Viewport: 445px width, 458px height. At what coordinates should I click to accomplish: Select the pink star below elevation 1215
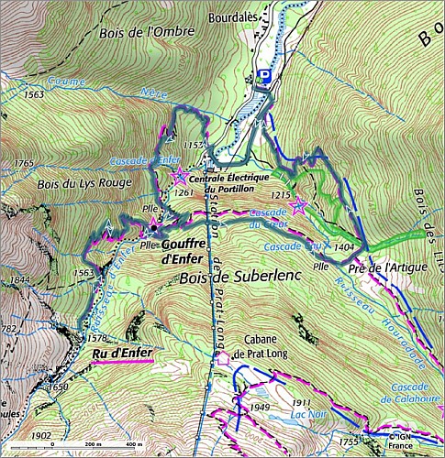pos(298,207)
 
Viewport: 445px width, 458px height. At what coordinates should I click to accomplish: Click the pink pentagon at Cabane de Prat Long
pos(221,358)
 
